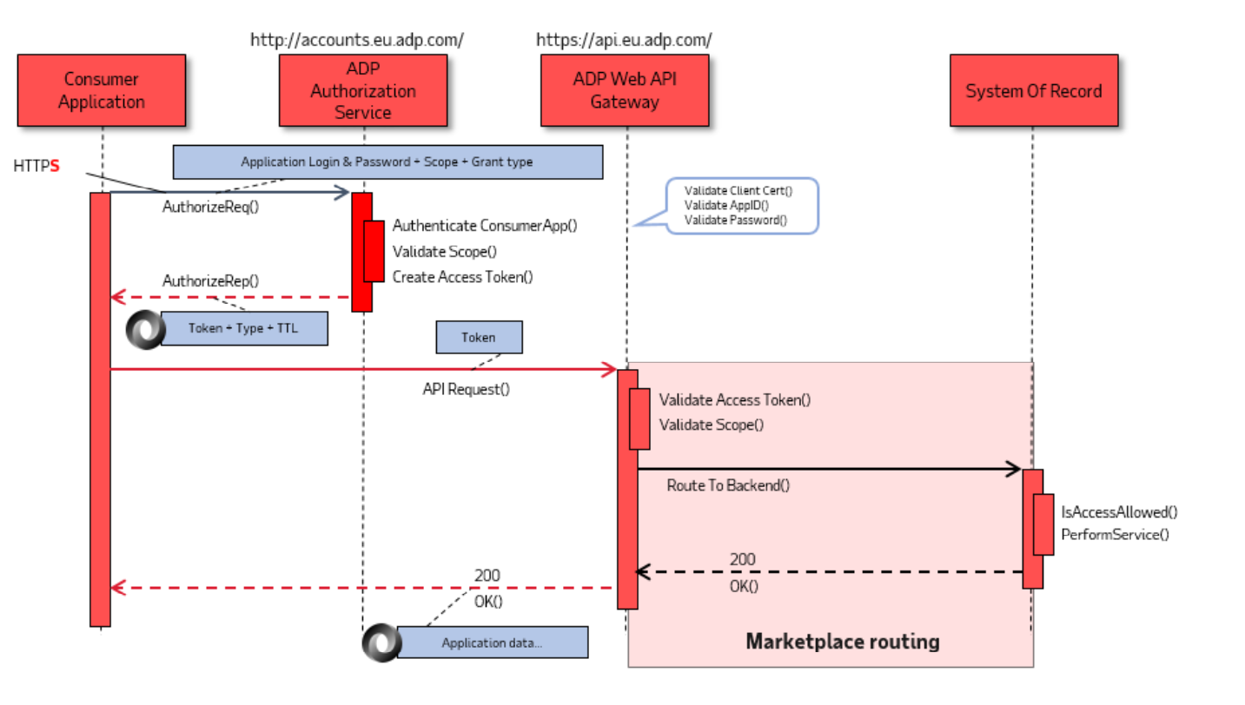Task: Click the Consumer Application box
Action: click(102, 90)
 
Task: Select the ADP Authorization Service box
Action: click(363, 90)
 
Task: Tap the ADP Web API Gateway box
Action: click(625, 90)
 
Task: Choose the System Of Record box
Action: click(1033, 91)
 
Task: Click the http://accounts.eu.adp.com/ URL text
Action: click(357, 40)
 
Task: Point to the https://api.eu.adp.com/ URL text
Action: click(624, 40)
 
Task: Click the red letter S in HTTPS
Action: click(55, 166)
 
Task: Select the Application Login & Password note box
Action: click(387, 162)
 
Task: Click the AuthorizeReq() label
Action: click(210, 208)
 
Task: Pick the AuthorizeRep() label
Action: click(210, 280)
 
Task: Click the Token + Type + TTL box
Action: click(244, 329)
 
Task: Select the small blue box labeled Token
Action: click(479, 338)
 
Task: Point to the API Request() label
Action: click(466, 389)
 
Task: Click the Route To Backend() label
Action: click(728, 485)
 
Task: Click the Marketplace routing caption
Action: click(842, 642)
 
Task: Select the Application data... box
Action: click(492, 642)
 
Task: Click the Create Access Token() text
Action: click(462, 277)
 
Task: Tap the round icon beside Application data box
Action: click(381, 642)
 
